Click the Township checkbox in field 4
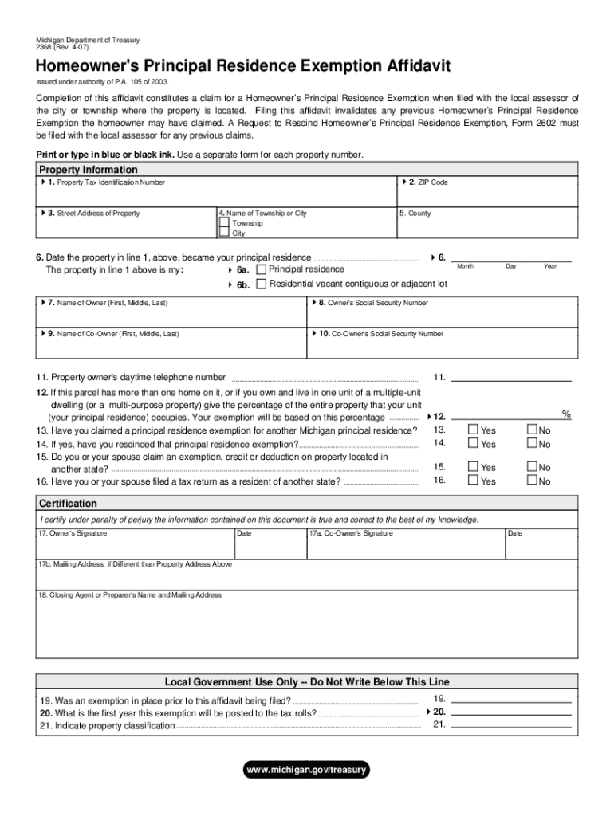(223, 224)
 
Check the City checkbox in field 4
(223, 233)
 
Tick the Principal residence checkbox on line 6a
(261, 269)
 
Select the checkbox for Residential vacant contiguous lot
(261, 284)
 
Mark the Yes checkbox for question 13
(473, 430)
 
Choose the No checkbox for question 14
(532, 443)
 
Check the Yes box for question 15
(473, 467)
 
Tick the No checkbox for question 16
(532, 481)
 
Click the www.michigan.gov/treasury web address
(307, 770)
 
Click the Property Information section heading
(89, 170)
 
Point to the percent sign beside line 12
(566, 414)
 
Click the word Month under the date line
(465, 266)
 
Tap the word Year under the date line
(550, 266)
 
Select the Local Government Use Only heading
(307, 682)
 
